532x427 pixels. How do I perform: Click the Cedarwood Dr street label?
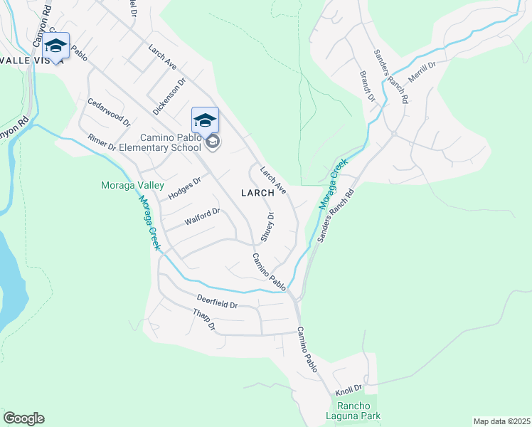109,112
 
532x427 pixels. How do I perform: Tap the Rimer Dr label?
102,142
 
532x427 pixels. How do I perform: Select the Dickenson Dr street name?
169,97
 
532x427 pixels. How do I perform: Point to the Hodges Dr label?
184,187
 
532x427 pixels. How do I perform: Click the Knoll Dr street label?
349,389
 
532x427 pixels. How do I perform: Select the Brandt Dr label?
367,85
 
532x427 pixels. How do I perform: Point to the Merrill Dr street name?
421,73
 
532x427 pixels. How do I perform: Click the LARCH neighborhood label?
257,193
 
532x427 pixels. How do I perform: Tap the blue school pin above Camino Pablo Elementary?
205,120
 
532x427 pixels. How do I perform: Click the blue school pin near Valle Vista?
55,46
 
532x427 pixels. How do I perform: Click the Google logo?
23,418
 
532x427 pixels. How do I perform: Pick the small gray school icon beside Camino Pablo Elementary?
212,143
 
